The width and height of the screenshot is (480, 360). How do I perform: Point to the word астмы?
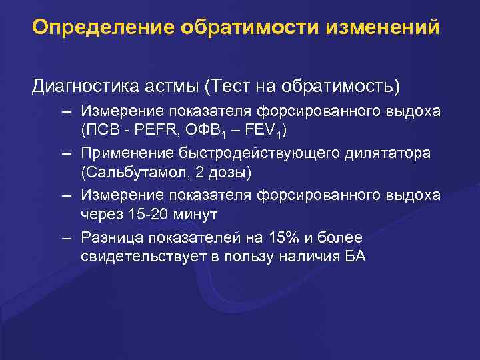point(178,86)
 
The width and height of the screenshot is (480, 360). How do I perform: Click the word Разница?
point(111,237)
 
